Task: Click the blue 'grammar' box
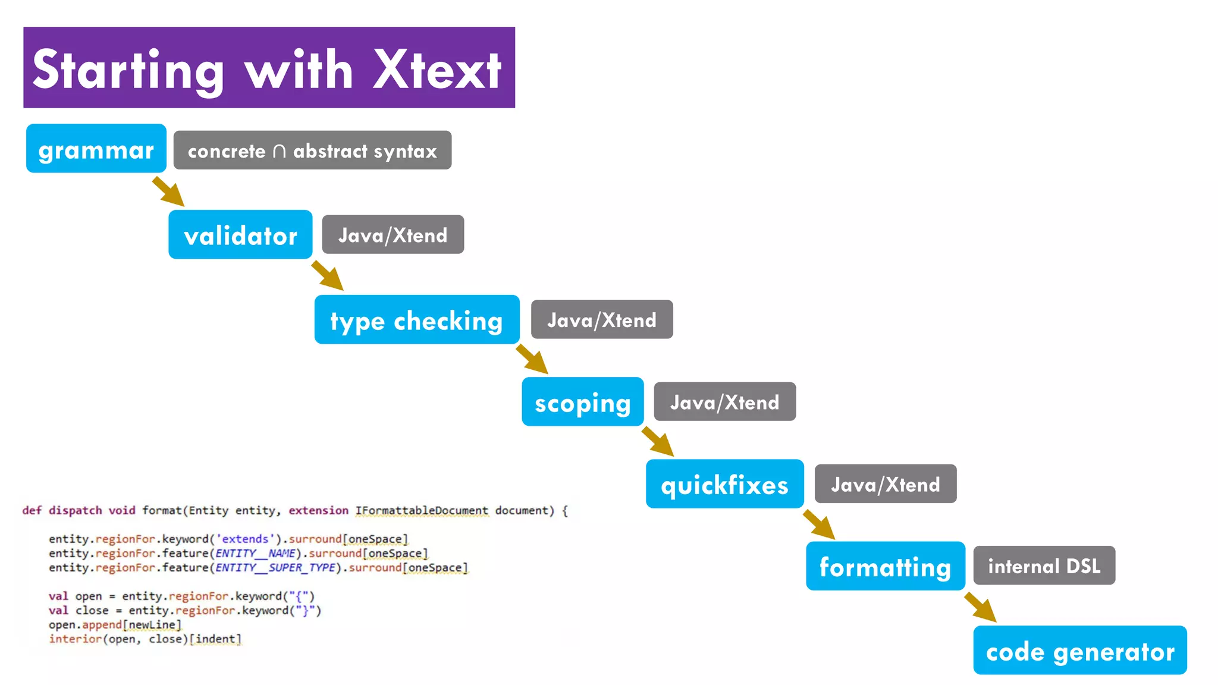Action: click(x=96, y=149)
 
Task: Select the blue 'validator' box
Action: click(x=240, y=235)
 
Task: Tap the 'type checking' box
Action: click(x=416, y=320)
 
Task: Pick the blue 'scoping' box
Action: click(x=582, y=402)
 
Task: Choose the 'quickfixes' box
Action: click(x=724, y=484)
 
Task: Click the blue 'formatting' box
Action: click(x=885, y=566)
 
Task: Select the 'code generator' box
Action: click(x=1079, y=651)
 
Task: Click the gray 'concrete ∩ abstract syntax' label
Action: click(x=312, y=150)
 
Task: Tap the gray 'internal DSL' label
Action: click(x=1044, y=565)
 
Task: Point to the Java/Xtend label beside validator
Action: click(x=393, y=235)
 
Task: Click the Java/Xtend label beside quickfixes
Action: click(x=885, y=484)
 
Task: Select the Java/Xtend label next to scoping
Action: click(x=724, y=402)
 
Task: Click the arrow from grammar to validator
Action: click(x=169, y=191)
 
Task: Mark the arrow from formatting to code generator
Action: click(x=981, y=607)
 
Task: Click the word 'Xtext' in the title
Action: click(x=437, y=70)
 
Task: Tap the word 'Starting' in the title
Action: click(x=128, y=71)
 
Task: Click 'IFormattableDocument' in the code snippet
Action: click(x=422, y=511)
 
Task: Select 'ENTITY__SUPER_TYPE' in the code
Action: click(x=276, y=568)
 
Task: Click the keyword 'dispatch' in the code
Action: click(x=75, y=511)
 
